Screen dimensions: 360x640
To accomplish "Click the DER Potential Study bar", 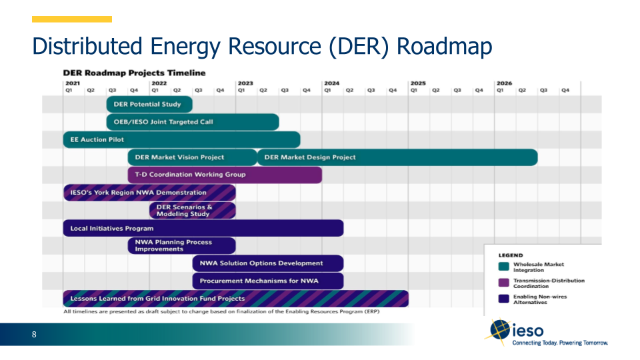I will tap(149, 104).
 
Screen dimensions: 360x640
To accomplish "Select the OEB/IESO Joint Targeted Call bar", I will tap(192, 122).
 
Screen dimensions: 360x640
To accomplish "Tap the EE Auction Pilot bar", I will tap(181, 139).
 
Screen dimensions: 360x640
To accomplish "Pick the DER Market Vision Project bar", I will tap(192, 157).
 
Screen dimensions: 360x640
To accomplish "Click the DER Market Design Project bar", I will tap(397, 157).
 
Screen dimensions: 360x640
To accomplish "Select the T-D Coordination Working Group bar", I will tap(225, 175).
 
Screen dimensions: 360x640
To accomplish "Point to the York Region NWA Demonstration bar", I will tap(149, 193).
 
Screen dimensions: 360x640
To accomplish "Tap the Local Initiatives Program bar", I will tap(203, 228).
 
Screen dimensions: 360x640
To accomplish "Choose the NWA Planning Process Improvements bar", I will tap(181, 245).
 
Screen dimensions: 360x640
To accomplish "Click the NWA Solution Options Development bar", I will tap(268, 263).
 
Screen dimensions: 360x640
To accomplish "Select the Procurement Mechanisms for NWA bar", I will tap(268, 281).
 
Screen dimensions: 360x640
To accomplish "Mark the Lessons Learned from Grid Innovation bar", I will tap(235, 299).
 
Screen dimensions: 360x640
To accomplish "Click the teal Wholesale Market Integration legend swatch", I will tap(504, 267).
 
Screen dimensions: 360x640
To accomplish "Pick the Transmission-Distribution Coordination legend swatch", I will tap(504, 283).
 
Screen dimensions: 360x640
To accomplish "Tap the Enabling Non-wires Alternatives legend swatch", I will tap(504, 299).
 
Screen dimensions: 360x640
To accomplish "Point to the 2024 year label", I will tap(331, 83).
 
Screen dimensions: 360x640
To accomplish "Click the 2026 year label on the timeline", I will tap(504, 83).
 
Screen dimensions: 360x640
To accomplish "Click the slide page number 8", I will tap(34, 335).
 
